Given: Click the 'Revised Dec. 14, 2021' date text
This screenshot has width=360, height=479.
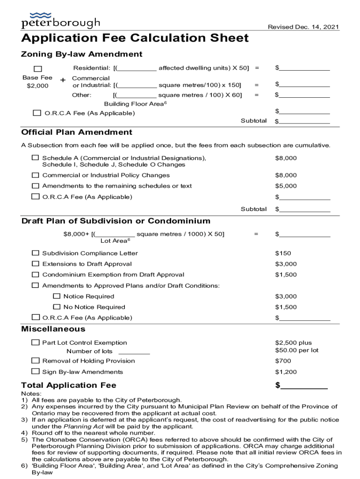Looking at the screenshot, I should [x=303, y=27].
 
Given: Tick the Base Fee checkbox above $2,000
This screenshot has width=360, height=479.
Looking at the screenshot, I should [x=37, y=69].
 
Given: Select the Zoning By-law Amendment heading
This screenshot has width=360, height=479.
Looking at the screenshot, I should [x=82, y=54].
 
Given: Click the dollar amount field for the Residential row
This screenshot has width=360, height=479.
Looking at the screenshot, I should [x=305, y=68].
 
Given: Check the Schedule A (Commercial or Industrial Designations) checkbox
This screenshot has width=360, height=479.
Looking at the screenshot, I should [x=36, y=158].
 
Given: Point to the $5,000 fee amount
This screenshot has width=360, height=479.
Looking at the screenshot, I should [x=286, y=186].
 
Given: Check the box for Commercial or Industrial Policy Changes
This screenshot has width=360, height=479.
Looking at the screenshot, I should [x=36, y=175].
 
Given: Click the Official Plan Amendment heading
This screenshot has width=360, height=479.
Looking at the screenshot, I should [x=77, y=132].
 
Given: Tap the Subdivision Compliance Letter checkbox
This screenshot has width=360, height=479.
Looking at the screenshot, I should [x=36, y=253].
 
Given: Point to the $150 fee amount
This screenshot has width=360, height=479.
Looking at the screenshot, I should [x=283, y=253].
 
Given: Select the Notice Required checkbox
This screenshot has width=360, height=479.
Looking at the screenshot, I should [x=57, y=296].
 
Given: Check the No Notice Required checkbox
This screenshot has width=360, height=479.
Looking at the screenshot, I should [x=57, y=307].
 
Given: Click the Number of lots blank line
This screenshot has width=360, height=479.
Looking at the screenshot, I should [x=134, y=352].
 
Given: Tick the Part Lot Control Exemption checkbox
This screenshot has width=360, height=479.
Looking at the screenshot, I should [x=36, y=343].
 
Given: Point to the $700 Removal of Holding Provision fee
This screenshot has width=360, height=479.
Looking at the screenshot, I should [x=283, y=361].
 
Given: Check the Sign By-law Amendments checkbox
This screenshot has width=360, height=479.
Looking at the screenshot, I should [x=36, y=371].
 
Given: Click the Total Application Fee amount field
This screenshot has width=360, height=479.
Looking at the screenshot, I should [x=304, y=386].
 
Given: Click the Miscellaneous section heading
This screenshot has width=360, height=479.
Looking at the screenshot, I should [x=53, y=329].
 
